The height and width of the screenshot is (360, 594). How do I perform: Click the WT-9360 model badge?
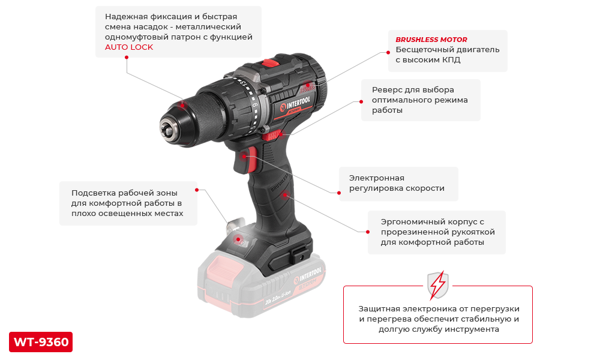click(41, 342)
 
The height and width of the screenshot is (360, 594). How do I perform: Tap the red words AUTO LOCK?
click(129, 47)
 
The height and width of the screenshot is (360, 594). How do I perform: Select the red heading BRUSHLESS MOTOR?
click(431, 40)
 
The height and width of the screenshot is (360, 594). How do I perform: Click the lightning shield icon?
click(438, 285)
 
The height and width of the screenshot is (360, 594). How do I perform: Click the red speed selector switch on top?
click(270, 62)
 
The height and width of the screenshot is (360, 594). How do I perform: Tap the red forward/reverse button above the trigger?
click(272, 135)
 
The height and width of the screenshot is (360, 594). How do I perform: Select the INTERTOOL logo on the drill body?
click(296, 104)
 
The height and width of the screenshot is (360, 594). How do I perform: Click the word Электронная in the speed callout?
click(377, 178)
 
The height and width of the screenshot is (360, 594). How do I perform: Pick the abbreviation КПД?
click(451, 60)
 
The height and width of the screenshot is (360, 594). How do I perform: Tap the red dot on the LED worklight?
click(238, 239)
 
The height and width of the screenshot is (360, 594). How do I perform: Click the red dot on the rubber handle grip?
click(285, 195)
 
